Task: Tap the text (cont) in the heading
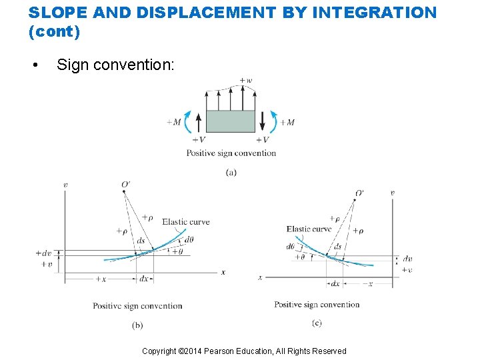pos(55,31)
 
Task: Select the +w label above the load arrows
pos(246,81)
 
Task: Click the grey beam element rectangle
pos(231,121)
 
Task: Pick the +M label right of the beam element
pos(287,122)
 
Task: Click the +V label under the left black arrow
pos(199,140)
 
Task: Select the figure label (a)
pos(231,172)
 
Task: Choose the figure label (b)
pos(137,325)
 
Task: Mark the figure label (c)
pos(317,323)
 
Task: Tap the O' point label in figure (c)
pos(359,193)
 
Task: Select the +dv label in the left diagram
pos(45,253)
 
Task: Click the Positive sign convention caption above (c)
pos(317,305)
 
